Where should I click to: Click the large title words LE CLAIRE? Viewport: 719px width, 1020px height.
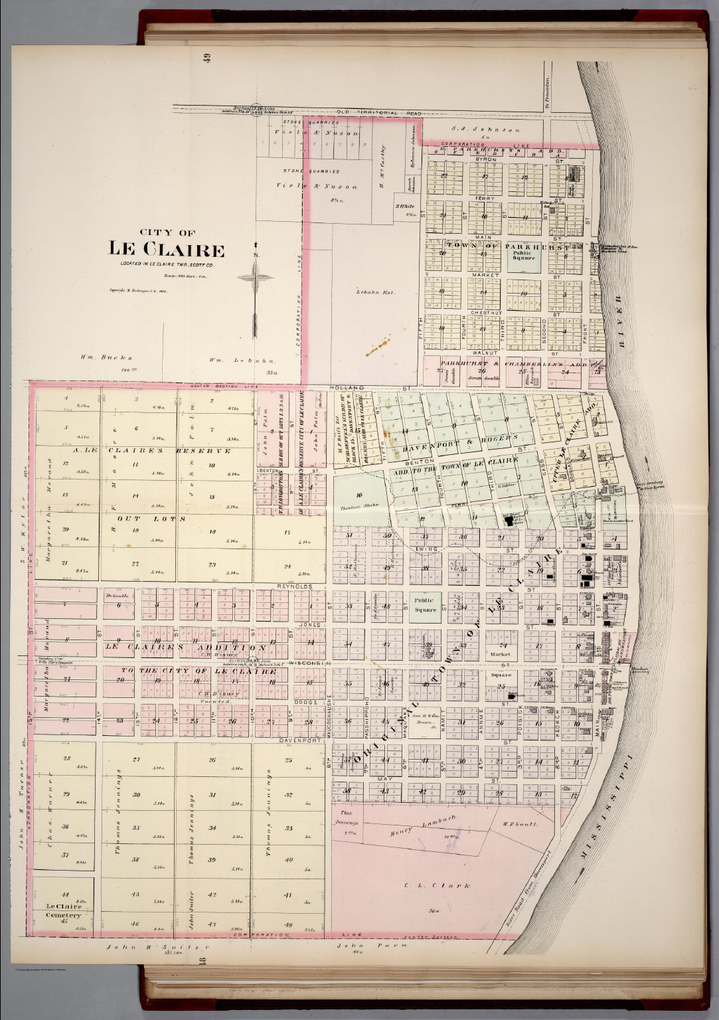pos(167,250)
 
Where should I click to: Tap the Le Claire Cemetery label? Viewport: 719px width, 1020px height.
pos(64,910)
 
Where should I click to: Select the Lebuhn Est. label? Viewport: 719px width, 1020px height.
pos(371,292)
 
